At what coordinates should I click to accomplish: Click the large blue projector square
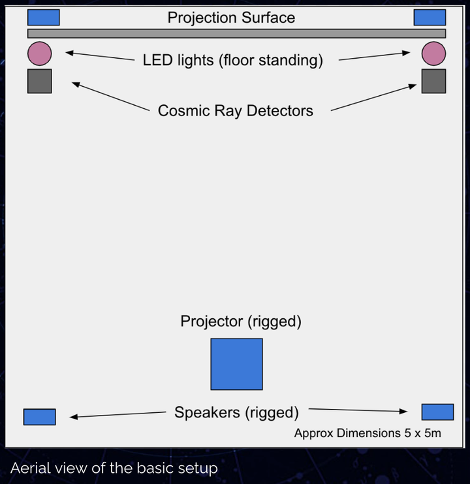tap(236, 364)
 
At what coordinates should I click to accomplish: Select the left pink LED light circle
tap(40, 53)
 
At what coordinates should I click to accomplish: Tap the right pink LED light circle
tap(433, 53)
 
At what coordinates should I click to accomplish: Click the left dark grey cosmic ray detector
tap(40, 81)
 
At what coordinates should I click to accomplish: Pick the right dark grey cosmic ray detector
tap(433, 81)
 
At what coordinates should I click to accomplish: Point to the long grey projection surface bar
tap(236, 33)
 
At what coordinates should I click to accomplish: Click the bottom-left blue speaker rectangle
tap(40, 417)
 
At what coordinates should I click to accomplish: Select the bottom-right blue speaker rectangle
tap(437, 412)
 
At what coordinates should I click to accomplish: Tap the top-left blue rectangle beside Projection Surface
tap(44, 17)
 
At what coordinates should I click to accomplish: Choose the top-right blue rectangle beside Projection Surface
tap(430, 17)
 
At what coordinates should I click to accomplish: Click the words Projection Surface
tap(231, 18)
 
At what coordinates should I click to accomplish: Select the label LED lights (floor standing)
tap(233, 60)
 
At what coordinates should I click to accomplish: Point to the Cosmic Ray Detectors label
tap(235, 111)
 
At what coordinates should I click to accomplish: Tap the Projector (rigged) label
tap(241, 322)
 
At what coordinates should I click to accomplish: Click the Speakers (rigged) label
tap(236, 413)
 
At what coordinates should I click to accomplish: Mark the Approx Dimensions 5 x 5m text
tap(368, 433)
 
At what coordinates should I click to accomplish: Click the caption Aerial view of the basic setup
tap(114, 468)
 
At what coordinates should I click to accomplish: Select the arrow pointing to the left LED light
tap(100, 56)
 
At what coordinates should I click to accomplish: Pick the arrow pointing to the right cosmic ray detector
tap(373, 97)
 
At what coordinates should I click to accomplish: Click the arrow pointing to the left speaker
tap(118, 415)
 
